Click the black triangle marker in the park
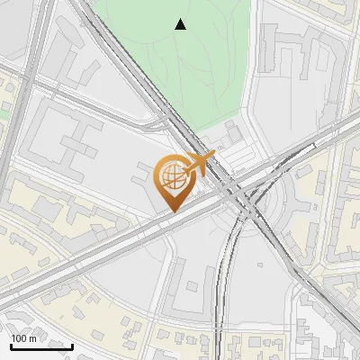tap(181, 24)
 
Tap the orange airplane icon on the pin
tap(200, 164)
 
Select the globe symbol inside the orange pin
tap(171, 177)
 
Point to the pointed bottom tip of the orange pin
tap(171, 211)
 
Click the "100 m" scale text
tap(24, 338)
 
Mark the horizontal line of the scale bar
tap(41, 346)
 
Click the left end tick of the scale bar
tap(11, 345)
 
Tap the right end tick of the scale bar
tap(72, 345)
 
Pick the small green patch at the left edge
tap(4, 112)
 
